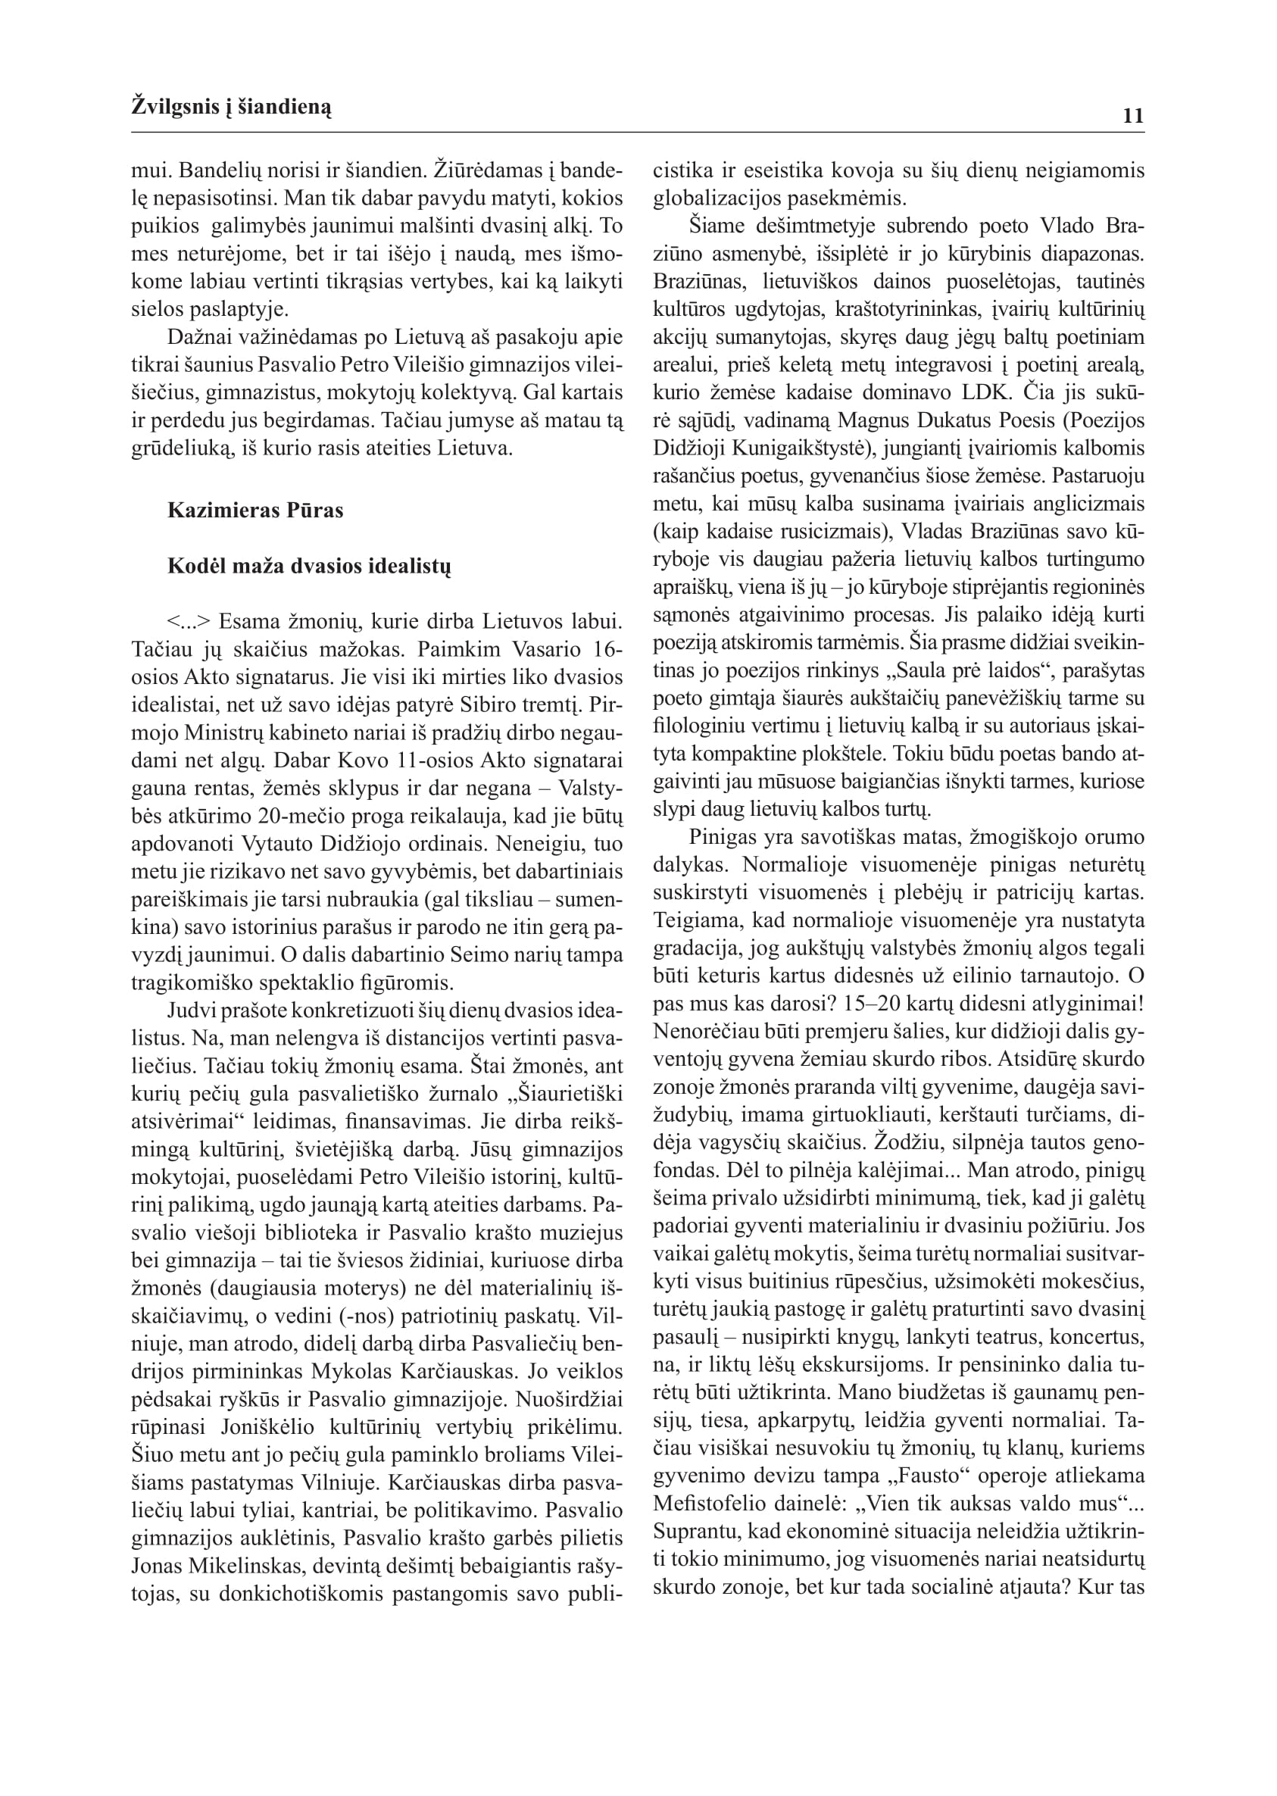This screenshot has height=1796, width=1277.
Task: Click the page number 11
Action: pyautogui.click(x=1132, y=117)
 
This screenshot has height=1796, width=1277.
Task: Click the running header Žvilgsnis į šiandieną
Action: pyautogui.click(x=231, y=107)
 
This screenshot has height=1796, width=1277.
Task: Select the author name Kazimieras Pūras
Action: pyautogui.click(x=254, y=511)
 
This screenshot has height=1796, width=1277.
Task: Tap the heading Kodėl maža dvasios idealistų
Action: pyautogui.click(x=309, y=566)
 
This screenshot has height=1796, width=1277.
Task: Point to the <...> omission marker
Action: pyautogui.click(x=189, y=622)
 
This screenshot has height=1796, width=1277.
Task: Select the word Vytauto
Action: pyautogui.click(x=279, y=844)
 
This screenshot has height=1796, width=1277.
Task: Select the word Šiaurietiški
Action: pyautogui.click(x=571, y=1094)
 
